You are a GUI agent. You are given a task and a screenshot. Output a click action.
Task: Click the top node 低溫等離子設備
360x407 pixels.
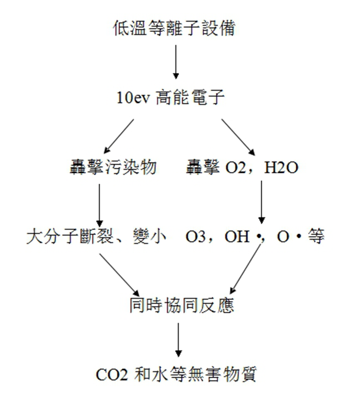pos(175,29)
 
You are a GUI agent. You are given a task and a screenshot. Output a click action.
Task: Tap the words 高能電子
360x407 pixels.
pos(192,98)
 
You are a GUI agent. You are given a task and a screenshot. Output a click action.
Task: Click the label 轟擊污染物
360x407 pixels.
pos(113,168)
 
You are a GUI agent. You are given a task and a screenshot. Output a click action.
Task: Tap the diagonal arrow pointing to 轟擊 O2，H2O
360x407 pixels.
pos(237,135)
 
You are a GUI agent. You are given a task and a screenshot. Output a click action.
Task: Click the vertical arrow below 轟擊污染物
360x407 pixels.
pos(100,201)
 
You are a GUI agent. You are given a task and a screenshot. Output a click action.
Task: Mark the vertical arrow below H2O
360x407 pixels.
pos(262,201)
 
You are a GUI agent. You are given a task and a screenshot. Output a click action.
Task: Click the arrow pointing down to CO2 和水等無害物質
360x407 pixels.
pos(178,340)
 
